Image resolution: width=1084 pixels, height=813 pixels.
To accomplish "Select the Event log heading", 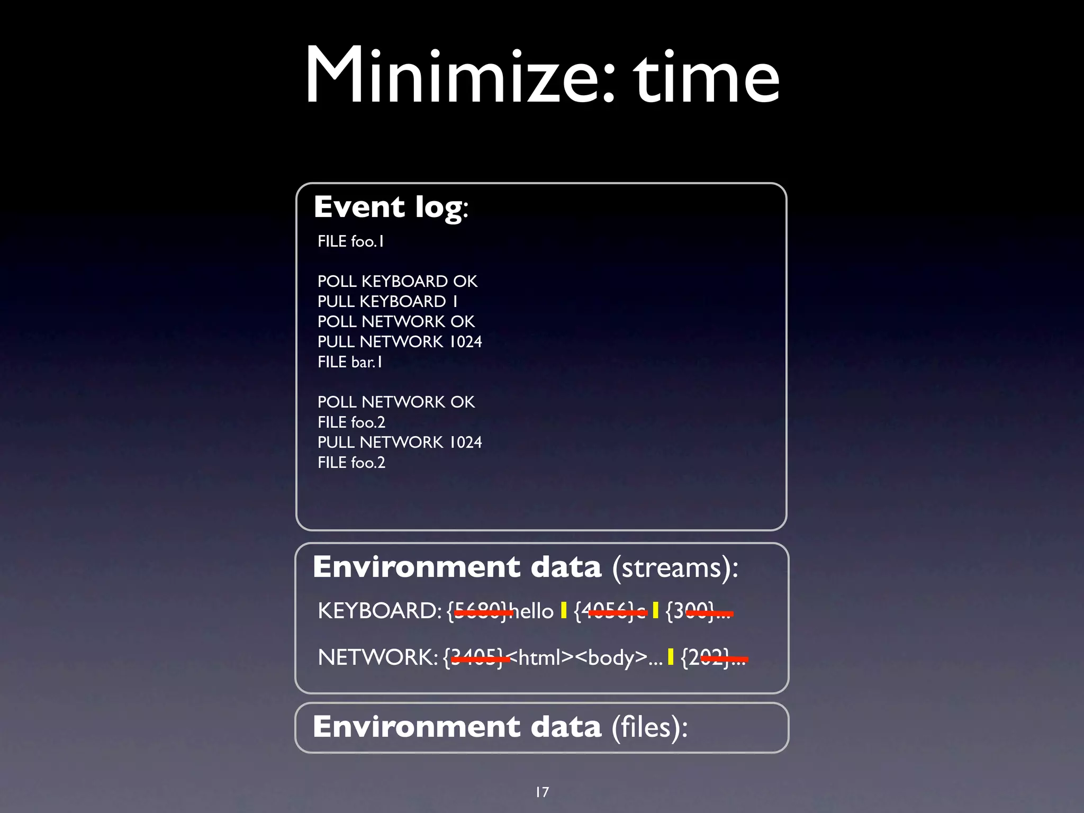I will (391, 207).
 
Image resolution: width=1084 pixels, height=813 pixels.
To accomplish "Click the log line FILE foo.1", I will (350, 241).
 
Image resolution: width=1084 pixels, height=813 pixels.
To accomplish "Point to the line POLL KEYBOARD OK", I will (397, 281).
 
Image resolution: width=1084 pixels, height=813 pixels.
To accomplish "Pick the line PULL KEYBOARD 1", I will (387, 301).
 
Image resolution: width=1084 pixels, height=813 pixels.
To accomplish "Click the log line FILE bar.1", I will (349, 362).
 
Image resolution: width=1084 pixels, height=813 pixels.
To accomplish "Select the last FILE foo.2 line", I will (351, 463).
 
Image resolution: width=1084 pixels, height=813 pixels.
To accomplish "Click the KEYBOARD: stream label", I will (380, 611).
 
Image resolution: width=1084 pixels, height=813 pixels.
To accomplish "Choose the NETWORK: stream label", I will (377, 657).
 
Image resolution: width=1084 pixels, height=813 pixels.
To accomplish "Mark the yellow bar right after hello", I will (564, 611).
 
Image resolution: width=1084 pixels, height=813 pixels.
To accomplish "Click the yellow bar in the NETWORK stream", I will (671, 657).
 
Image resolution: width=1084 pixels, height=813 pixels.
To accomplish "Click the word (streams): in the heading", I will (675, 568).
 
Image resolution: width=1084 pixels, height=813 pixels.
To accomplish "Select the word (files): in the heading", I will (649, 727).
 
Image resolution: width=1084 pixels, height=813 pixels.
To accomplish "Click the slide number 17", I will (542, 792).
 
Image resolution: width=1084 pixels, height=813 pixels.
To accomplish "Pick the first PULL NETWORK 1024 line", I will (400, 342).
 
